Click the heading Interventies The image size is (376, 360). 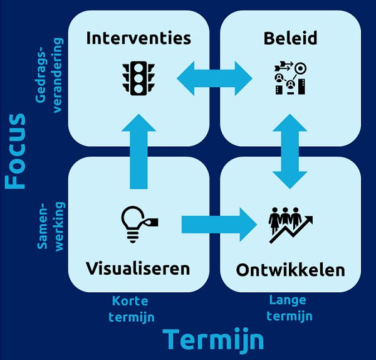[x=138, y=38]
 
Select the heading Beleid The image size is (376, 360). [x=290, y=38]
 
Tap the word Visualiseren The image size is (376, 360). [x=138, y=268]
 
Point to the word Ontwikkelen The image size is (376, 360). [x=290, y=270]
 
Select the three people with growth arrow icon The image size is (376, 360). [x=290, y=223]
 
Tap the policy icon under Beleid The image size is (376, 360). [x=289, y=78]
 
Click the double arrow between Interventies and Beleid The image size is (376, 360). [x=214, y=78]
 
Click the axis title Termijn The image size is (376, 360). [x=213, y=339]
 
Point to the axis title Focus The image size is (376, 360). [x=15, y=151]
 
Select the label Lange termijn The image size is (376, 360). [x=289, y=308]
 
